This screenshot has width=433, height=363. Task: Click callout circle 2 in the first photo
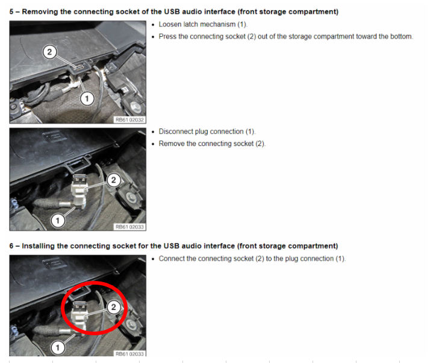(49, 52)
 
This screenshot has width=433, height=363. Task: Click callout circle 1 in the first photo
(87, 98)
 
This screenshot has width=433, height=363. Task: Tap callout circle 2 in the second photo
(113, 180)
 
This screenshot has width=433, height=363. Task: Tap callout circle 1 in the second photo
(58, 221)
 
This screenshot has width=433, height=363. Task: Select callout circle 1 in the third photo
(58, 347)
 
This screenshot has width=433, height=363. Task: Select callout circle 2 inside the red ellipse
(113, 307)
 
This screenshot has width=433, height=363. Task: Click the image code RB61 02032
(129, 120)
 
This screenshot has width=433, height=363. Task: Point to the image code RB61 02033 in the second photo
(129, 227)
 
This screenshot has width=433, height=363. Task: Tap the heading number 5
(11, 12)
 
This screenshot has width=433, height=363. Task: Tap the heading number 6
(11, 246)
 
